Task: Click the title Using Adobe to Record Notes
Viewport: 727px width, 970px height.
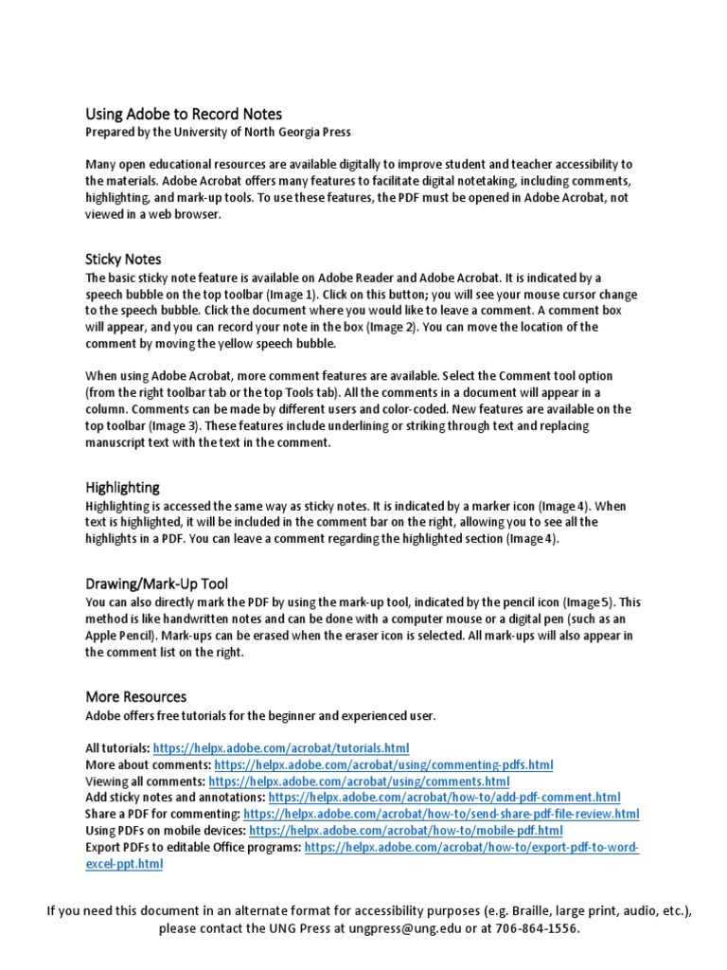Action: pos(184,114)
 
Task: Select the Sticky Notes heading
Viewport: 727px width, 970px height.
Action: pos(123,259)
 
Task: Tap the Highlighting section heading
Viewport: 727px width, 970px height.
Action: pos(122,487)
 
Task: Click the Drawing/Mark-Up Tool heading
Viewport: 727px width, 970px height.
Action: pos(156,584)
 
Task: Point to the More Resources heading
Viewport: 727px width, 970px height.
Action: pos(135,696)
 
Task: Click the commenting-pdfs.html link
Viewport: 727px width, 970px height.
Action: pos(383,764)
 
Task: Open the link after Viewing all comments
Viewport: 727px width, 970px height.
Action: pos(359,781)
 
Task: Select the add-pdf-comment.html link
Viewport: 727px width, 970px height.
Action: pos(444,798)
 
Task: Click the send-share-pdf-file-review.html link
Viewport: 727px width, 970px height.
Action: pos(441,814)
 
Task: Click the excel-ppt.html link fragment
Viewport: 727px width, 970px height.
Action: pos(124,864)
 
